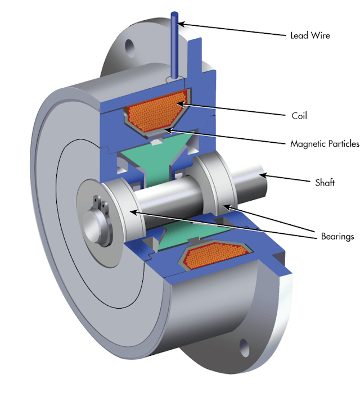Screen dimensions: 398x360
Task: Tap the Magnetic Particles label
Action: coord(325,144)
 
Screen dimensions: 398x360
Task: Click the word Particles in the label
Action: coord(342,144)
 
